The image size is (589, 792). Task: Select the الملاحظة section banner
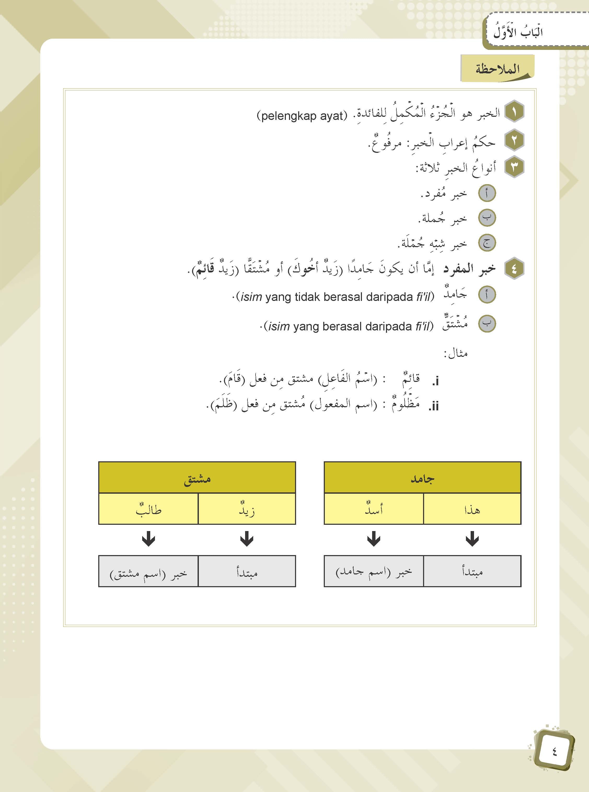(x=497, y=68)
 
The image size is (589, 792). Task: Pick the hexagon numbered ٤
(x=514, y=269)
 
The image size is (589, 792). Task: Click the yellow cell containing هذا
(x=472, y=509)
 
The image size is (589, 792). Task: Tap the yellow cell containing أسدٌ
(x=374, y=509)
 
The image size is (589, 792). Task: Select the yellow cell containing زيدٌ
(x=247, y=509)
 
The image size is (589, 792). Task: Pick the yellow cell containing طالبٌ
(x=148, y=509)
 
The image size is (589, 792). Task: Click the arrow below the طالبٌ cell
(x=148, y=539)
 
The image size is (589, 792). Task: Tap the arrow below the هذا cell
(x=472, y=539)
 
